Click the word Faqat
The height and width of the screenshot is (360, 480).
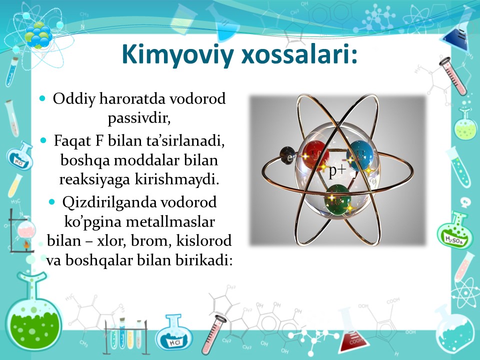pyautogui.click(x=73, y=141)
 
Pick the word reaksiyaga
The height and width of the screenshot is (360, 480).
pyautogui.click(x=94, y=180)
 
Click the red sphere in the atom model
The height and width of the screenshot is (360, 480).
pyautogui.click(x=315, y=155)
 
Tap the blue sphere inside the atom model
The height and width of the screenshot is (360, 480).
pyautogui.click(x=361, y=155)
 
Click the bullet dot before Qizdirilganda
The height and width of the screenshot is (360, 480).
pyautogui.click(x=51, y=202)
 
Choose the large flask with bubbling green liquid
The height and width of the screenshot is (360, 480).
pyautogui.click(x=33, y=312)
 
